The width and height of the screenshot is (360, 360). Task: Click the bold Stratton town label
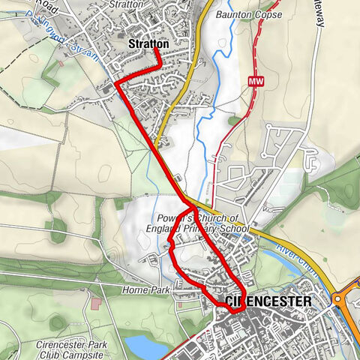click(x=147, y=43)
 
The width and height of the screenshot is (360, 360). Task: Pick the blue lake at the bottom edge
click(x=145, y=346)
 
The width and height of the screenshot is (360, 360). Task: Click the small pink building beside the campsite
click(x=95, y=304)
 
